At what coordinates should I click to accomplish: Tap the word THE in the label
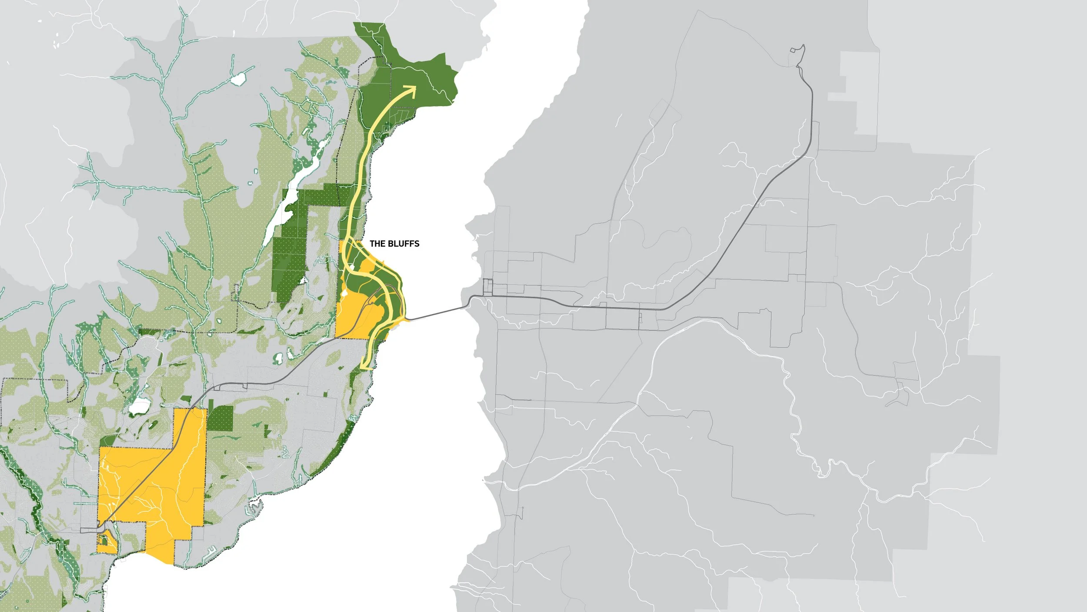pos(377,244)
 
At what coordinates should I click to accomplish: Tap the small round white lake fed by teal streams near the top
pos(238,79)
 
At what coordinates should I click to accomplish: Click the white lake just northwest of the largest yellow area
pos(139,407)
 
